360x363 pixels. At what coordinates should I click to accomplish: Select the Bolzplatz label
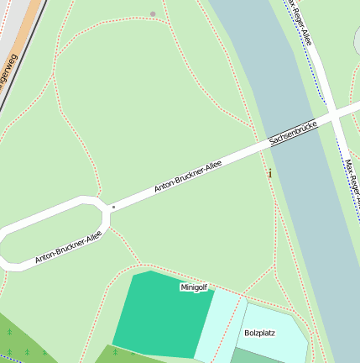click(x=259, y=333)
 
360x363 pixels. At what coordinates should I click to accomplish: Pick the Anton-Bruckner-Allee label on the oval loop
click(x=68, y=248)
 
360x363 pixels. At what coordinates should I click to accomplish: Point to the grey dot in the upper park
click(x=152, y=13)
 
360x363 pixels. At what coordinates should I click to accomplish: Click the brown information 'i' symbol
click(x=269, y=173)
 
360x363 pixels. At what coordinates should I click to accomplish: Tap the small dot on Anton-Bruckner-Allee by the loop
click(x=113, y=206)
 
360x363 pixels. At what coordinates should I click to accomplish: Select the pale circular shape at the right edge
click(x=357, y=38)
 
